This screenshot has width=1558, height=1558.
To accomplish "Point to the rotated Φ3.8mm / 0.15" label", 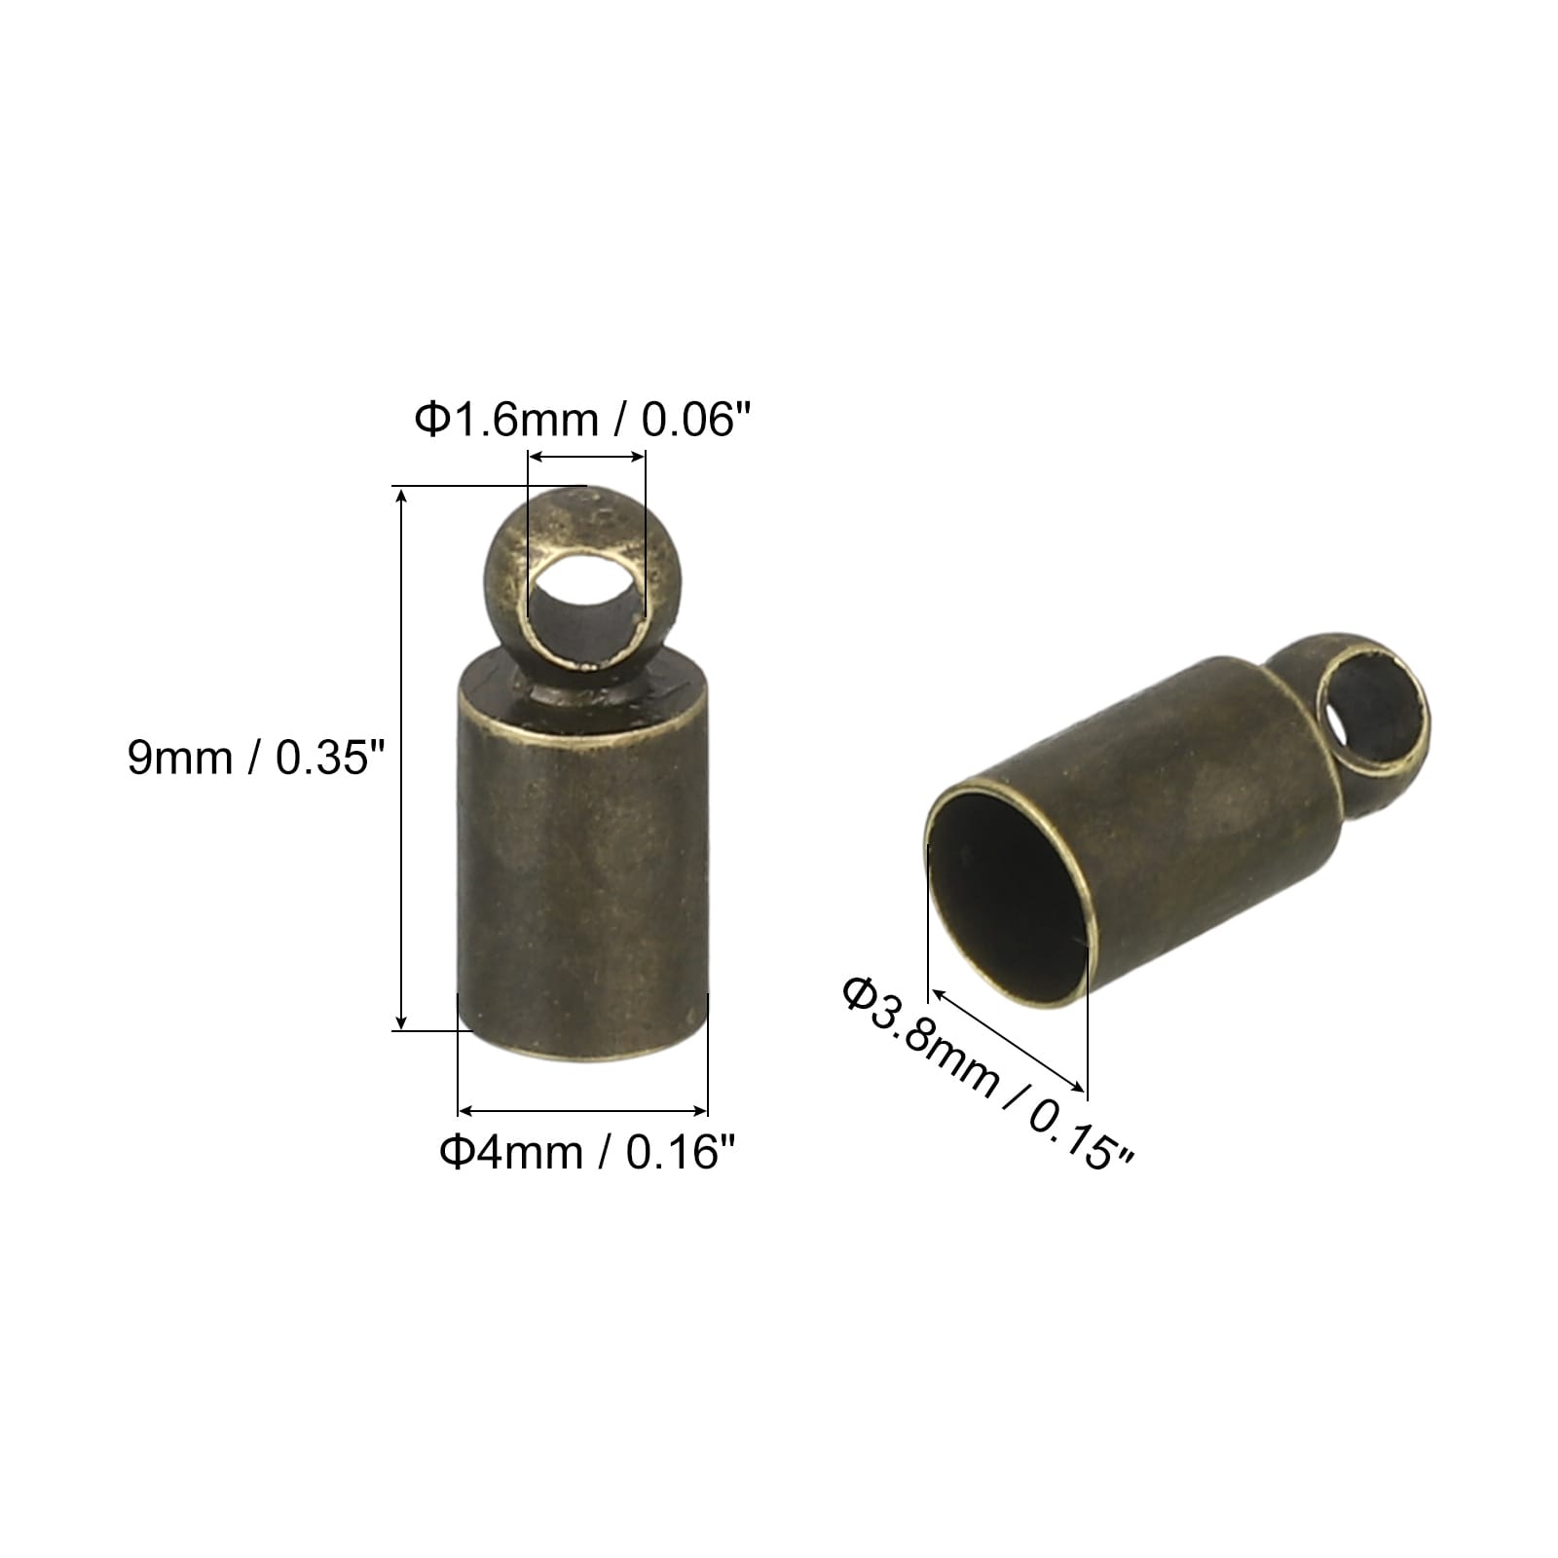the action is click(x=988, y=1075).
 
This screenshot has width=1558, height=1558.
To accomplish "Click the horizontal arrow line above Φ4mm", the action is click(x=582, y=1110).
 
